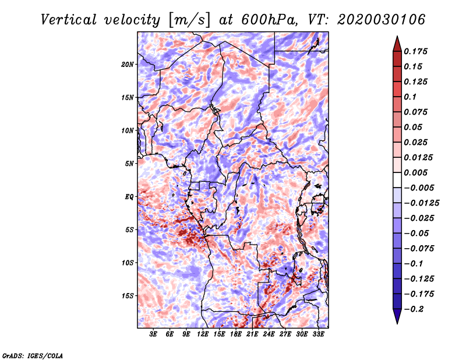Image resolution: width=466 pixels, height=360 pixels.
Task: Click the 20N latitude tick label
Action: (x=128, y=65)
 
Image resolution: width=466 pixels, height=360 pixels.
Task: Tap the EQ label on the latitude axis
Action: (x=129, y=197)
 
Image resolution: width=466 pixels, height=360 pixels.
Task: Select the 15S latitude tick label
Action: (x=128, y=296)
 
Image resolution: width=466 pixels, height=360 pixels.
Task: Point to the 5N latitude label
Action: (x=129, y=164)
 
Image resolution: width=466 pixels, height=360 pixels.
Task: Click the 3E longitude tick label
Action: (x=153, y=334)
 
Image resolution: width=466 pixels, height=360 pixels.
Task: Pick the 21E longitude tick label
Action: (x=252, y=334)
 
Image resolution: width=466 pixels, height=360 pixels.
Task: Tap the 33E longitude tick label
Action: (x=318, y=334)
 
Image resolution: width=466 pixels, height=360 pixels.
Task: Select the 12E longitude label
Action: (x=203, y=334)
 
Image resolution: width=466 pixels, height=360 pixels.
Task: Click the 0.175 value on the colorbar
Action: (x=415, y=51)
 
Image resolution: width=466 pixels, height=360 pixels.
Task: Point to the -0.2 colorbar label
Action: (x=414, y=309)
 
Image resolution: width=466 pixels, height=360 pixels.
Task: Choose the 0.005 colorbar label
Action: (x=415, y=172)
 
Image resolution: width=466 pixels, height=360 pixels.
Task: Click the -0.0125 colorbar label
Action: (x=421, y=203)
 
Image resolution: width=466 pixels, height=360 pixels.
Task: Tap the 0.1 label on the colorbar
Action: (x=410, y=97)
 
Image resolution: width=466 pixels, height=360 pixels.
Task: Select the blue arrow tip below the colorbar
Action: (x=397, y=323)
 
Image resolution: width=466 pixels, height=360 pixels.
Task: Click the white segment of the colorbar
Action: (x=397, y=180)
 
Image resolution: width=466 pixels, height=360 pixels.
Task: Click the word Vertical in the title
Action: (x=69, y=20)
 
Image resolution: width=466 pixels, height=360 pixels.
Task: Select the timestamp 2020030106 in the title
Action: (x=381, y=20)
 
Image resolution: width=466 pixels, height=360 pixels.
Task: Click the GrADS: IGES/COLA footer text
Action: (x=33, y=355)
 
